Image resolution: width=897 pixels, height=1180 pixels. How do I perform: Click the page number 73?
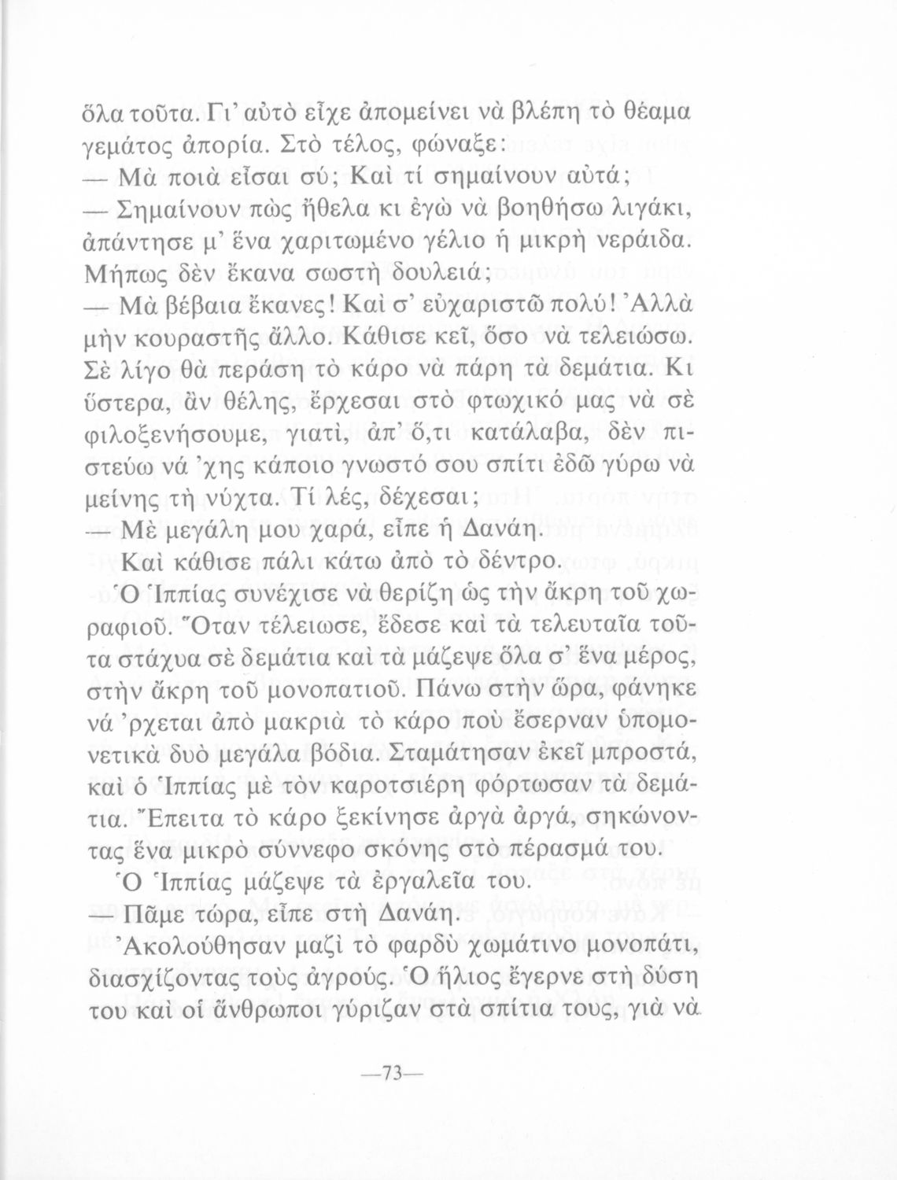tap(391, 1073)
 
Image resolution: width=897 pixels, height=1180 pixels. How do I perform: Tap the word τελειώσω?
tap(638, 340)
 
